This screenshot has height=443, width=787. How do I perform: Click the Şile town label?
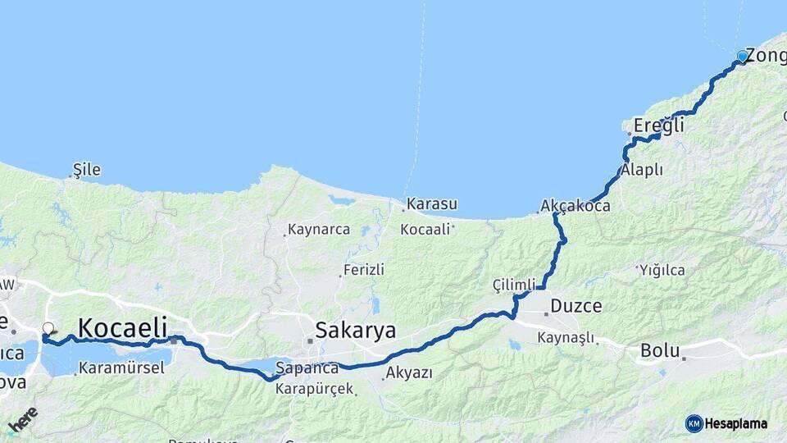[87, 170]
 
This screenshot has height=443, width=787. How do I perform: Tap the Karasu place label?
[432, 203]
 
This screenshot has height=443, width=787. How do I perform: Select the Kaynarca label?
[319, 230]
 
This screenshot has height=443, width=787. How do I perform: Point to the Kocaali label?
[425, 230]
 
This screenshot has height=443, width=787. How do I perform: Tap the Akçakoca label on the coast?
[575, 206]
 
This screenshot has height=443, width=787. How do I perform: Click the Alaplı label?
[642, 170]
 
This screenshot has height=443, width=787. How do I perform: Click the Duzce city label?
[575, 306]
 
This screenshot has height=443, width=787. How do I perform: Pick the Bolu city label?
[660, 351]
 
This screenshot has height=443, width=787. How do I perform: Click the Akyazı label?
[408, 373]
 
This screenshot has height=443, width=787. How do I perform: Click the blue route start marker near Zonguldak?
[742, 57]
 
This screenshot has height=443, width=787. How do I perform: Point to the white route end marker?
[48, 329]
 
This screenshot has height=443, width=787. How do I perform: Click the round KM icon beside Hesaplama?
[694, 423]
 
